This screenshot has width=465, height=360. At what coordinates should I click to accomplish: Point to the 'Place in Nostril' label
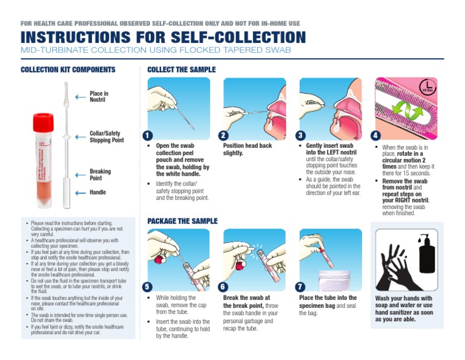99,96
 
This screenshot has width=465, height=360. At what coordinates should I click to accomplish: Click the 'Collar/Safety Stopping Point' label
107,137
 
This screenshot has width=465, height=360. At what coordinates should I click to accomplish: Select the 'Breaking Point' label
100,175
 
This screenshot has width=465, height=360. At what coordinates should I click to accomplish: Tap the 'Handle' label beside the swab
99,193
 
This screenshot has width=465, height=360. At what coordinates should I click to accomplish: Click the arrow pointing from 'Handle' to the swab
81,193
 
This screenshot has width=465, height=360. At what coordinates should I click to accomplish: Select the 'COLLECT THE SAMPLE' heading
182,70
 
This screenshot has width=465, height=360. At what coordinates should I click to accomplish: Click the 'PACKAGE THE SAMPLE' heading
182,221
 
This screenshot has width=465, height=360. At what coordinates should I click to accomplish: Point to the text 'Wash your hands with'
404,299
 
